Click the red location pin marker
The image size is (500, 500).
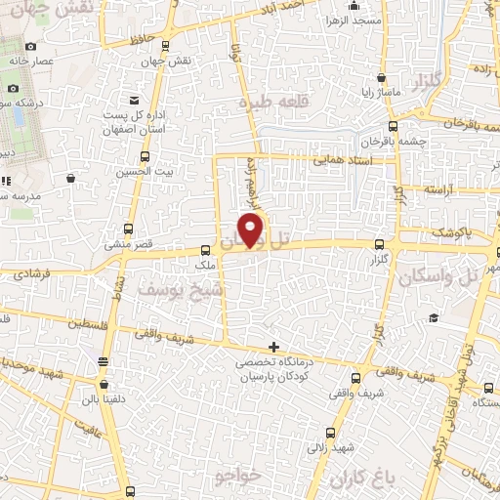(252, 229)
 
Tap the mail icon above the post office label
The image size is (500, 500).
(133, 101)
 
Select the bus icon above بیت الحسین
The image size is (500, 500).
(145, 156)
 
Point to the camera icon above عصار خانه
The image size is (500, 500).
(31, 46)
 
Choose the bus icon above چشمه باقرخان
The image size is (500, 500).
(394, 125)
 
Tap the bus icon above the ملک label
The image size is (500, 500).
(204, 250)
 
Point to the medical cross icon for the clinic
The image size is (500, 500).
(274, 347)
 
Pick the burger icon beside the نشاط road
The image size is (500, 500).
(104, 360)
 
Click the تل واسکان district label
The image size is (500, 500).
(437, 276)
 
